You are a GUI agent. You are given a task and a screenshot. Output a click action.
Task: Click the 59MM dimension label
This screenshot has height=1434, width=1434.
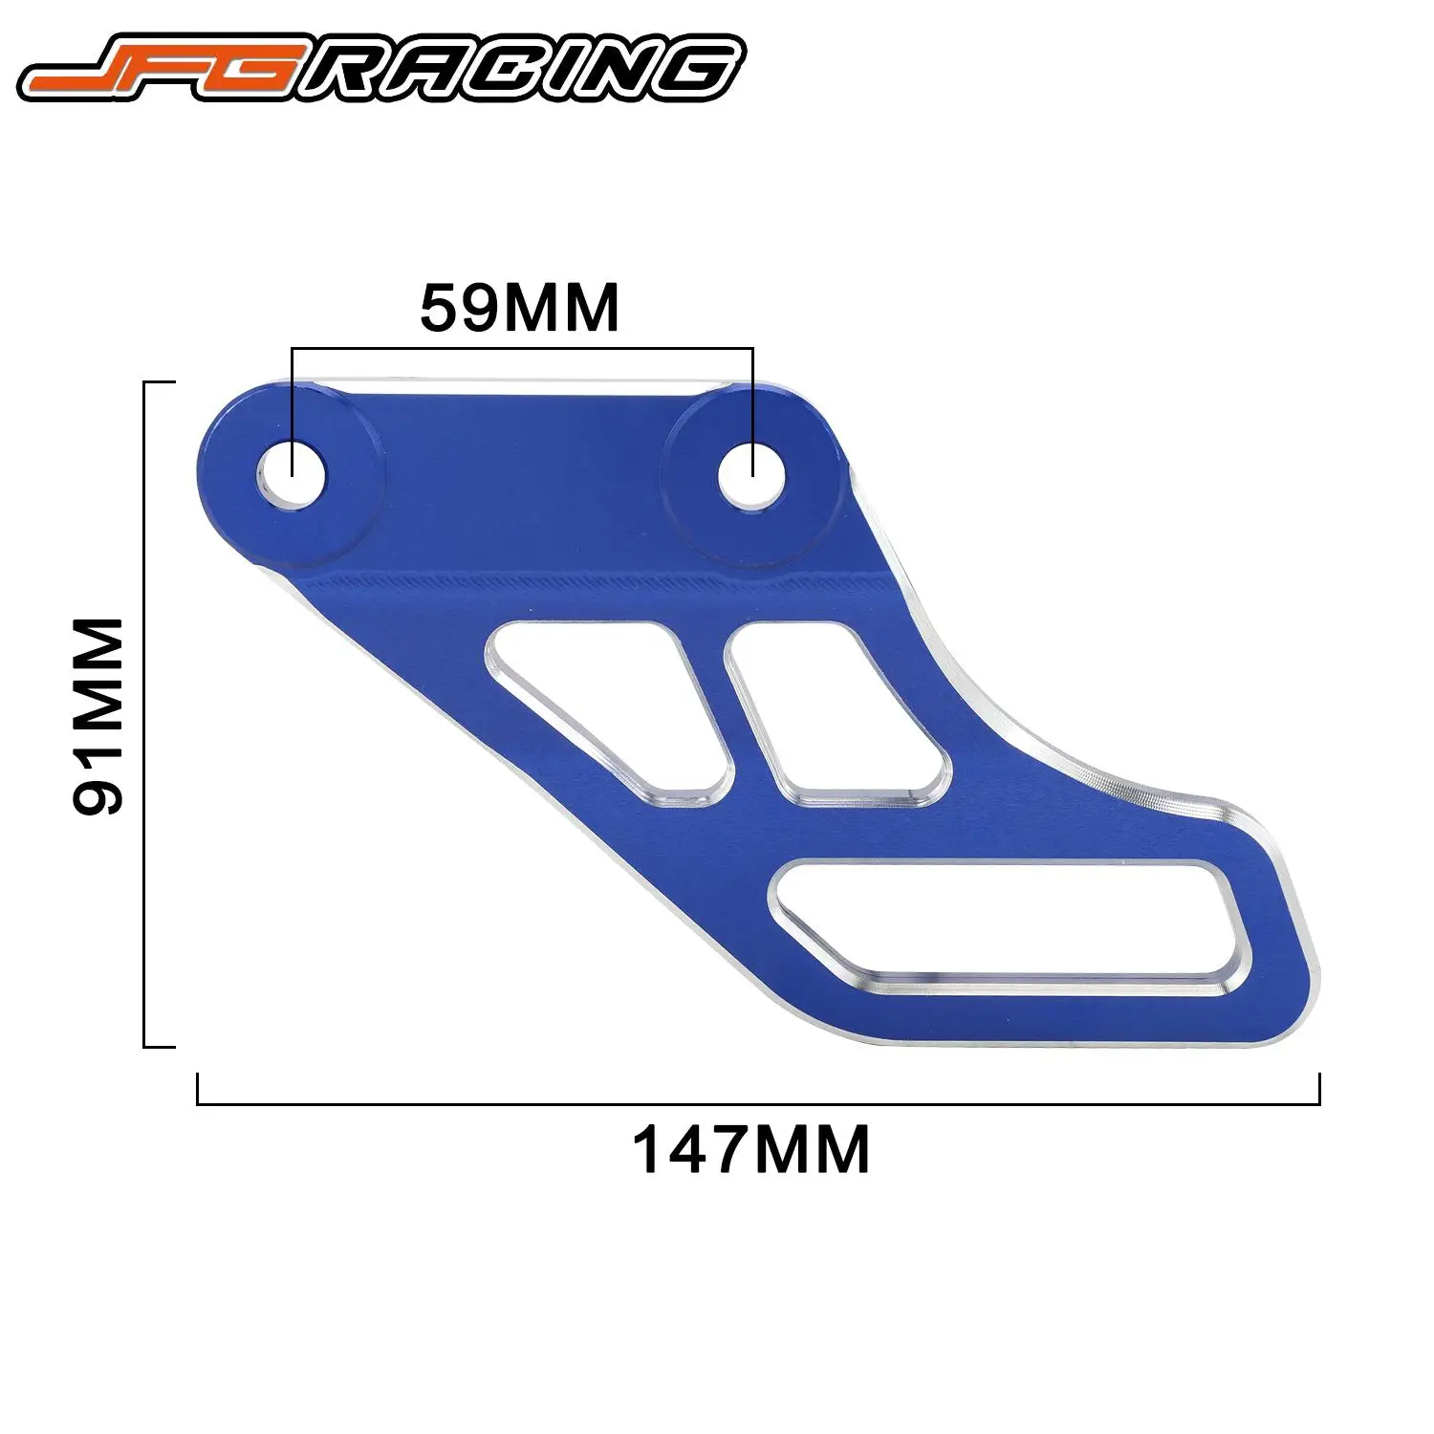click(x=520, y=307)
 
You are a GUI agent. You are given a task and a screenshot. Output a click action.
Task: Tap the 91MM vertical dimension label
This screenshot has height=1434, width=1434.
click(x=99, y=714)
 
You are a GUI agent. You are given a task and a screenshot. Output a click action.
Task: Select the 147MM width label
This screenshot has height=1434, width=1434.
click(x=751, y=1150)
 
